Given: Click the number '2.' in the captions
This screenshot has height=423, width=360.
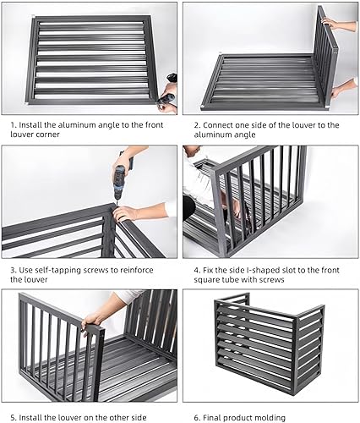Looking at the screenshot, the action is [x=197, y=125].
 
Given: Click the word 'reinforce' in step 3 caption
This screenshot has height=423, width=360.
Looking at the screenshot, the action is [x=137, y=270].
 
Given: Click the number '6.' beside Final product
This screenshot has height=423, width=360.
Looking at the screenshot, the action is [x=197, y=418].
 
